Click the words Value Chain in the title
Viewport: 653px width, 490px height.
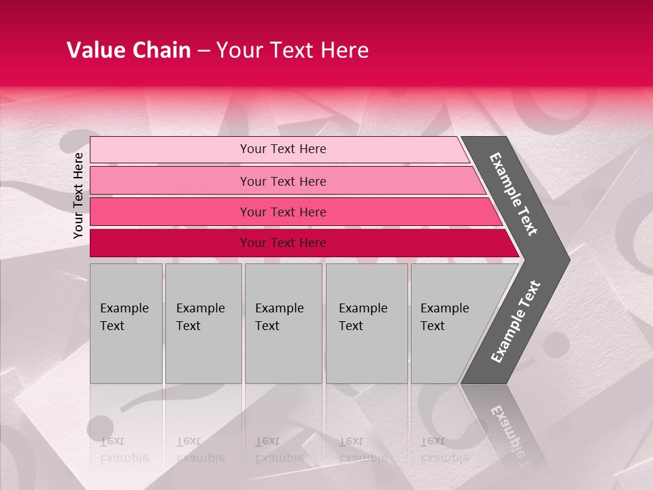(129, 50)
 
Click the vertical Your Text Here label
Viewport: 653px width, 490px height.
(78, 195)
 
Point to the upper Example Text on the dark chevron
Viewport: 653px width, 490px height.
(514, 194)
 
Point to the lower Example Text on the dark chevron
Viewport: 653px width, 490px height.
(516, 321)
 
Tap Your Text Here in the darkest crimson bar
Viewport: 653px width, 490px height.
(283, 243)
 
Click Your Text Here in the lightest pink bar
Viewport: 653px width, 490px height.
(283, 149)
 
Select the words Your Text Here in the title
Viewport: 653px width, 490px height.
(292, 50)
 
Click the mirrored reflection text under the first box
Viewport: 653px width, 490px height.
(124, 450)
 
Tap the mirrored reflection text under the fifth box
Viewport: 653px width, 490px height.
(444, 450)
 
